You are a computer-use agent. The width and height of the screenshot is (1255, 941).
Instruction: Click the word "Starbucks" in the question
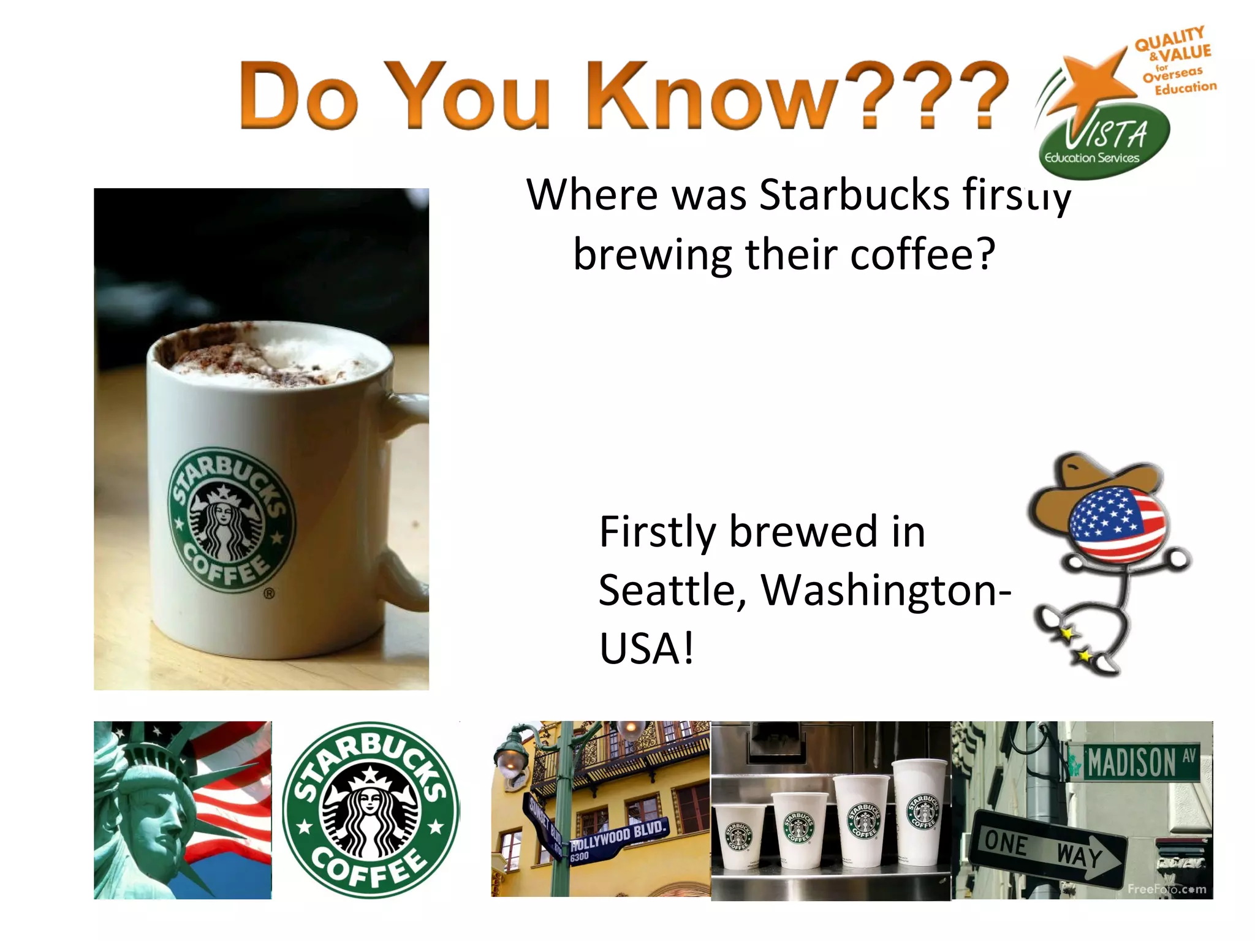[x=854, y=195]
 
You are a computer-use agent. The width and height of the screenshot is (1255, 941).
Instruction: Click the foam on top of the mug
[x=270, y=358]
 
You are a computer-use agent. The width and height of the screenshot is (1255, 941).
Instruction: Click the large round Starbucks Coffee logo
[x=371, y=810]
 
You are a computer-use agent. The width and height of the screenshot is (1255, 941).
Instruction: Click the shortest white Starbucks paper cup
[x=740, y=836]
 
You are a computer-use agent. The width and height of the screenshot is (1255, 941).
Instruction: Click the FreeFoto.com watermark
[x=1166, y=889]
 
